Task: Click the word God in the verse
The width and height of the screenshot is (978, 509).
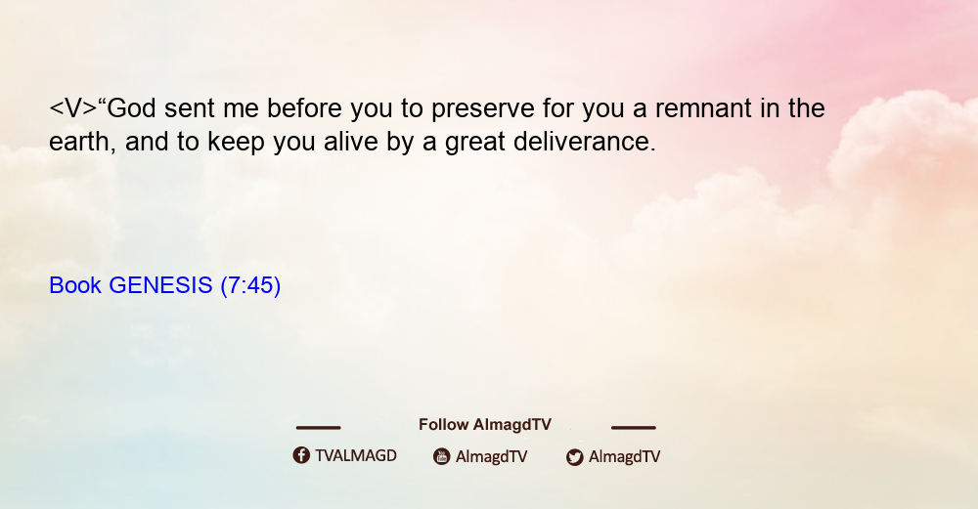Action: coord(132,108)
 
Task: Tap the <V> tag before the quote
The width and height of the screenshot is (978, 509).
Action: coord(73,108)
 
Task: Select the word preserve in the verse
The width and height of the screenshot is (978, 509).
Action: coord(483,109)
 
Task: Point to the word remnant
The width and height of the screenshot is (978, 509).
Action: coord(703,109)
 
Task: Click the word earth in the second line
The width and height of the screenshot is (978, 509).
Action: coord(80,142)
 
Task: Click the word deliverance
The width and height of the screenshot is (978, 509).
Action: coord(584,142)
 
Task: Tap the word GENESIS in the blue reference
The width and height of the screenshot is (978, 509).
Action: coord(161,285)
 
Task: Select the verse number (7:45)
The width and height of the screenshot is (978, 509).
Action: coord(250,286)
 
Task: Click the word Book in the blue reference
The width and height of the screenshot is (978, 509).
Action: coord(75,285)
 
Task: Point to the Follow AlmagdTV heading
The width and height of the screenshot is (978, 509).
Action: coord(485,425)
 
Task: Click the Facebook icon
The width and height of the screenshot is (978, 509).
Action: coord(301,455)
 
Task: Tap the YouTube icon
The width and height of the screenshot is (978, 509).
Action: coord(442,456)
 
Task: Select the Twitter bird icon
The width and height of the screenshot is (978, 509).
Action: coord(574,457)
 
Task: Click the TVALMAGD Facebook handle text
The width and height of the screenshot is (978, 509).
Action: coord(356,456)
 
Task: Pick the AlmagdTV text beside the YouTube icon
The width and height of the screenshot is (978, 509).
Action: coord(492,457)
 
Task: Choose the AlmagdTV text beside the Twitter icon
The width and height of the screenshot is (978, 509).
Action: coord(624,457)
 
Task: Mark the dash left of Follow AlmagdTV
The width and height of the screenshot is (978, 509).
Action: coord(318,428)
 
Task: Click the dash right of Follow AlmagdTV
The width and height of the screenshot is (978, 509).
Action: coord(634,428)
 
